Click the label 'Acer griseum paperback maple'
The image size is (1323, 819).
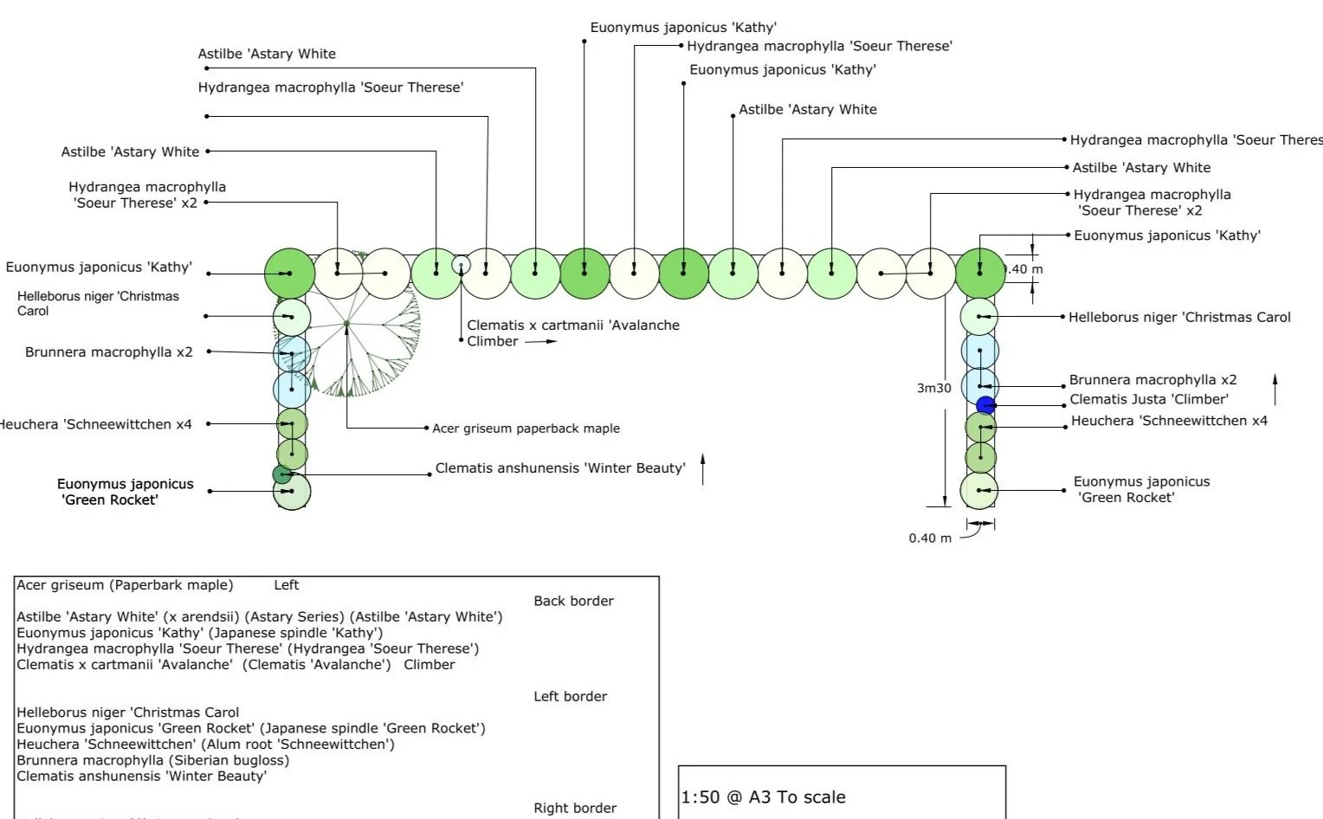click(x=526, y=429)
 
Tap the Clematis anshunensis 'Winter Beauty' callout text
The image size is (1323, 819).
click(x=559, y=468)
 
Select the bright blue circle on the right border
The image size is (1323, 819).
click(x=985, y=405)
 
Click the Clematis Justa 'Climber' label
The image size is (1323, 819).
click(x=1148, y=399)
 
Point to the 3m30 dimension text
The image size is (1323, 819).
click(x=933, y=388)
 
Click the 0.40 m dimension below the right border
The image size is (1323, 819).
click(x=929, y=538)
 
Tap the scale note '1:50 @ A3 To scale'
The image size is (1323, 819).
click(x=763, y=797)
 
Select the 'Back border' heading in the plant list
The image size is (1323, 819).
click(x=573, y=601)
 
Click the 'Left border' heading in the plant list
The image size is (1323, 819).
click(x=570, y=696)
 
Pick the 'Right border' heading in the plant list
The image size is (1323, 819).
click(x=575, y=808)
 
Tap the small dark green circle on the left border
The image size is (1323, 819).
click(x=282, y=474)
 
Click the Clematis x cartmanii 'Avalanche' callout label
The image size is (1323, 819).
click(x=572, y=326)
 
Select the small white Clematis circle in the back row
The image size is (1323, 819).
click(x=461, y=265)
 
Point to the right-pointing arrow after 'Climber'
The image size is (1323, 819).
click(x=540, y=342)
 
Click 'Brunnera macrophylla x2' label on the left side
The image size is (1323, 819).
click(x=109, y=352)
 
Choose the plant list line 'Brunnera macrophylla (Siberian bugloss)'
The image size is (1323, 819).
click(x=153, y=760)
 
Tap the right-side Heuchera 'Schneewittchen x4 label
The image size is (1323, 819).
click(x=1168, y=421)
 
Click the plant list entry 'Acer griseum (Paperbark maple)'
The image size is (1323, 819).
click(x=125, y=585)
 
